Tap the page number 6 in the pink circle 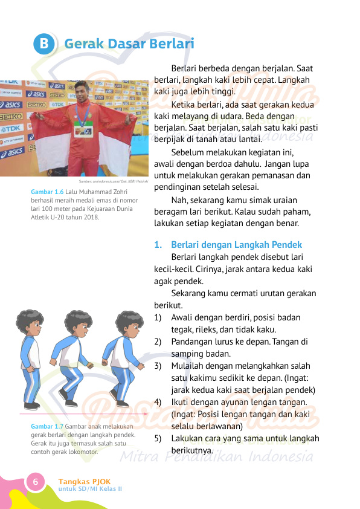coord(36,482)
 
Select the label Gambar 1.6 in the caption coord(47,192)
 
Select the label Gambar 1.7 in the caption coord(47,426)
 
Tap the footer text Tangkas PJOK coord(85,481)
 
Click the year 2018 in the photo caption coord(91,218)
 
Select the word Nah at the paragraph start coord(179,199)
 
